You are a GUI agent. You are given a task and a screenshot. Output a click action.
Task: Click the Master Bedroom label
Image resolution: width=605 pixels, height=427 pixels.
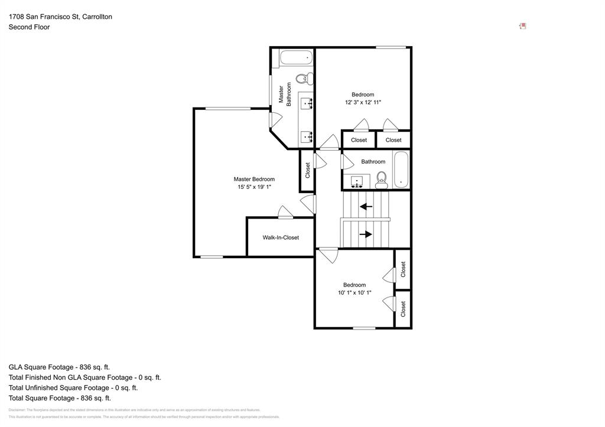pos(254,179)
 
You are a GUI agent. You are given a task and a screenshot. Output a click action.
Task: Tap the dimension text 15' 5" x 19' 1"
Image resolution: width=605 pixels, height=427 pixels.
pos(254,187)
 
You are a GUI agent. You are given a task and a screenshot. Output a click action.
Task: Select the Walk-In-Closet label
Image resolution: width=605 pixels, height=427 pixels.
pos(281,237)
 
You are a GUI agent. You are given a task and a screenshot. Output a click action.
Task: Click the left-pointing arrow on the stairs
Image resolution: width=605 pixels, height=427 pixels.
pos(366,207)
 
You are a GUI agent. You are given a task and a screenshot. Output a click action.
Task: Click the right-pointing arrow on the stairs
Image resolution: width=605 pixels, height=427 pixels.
pos(366,234)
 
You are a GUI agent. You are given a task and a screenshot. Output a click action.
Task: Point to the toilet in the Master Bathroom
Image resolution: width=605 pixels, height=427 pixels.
pos(304,78)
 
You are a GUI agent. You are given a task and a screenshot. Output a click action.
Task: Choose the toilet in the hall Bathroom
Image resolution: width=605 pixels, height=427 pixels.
pos(381,178)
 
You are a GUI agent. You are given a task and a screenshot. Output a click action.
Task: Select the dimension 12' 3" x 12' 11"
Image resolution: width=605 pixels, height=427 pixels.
pos(363,102)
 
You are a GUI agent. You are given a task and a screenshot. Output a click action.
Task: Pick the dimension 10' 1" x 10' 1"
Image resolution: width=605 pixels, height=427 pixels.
pos(354,292)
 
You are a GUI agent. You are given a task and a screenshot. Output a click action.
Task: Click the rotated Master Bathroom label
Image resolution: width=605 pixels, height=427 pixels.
pos(285,94)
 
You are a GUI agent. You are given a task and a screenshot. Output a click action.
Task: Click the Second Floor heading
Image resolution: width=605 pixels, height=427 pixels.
pos(29,27)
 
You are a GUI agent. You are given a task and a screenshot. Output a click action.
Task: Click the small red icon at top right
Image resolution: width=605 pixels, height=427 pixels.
pos(522,26)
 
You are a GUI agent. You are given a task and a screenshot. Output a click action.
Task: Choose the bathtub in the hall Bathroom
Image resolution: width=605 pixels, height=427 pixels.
pos(401,170)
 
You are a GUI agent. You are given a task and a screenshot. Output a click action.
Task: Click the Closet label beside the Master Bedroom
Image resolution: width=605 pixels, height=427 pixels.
pos(307,170)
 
